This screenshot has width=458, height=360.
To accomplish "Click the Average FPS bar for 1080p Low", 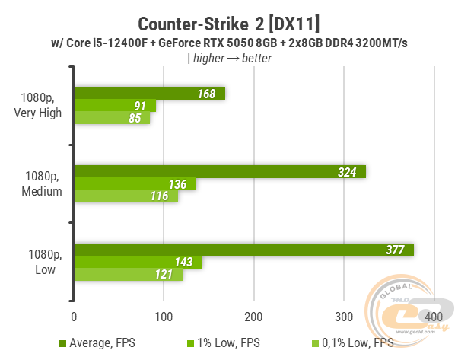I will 243,250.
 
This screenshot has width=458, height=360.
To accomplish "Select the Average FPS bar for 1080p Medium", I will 220,171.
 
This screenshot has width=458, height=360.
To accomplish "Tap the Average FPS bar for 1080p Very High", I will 149,94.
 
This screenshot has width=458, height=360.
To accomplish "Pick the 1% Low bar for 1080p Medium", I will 135,184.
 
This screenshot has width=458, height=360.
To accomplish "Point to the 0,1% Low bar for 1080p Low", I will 128,275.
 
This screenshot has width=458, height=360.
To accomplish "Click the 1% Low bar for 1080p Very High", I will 114,106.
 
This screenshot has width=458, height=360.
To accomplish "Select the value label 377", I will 395,250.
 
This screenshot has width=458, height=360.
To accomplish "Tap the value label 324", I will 348,172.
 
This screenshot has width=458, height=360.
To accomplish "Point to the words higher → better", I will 231,58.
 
